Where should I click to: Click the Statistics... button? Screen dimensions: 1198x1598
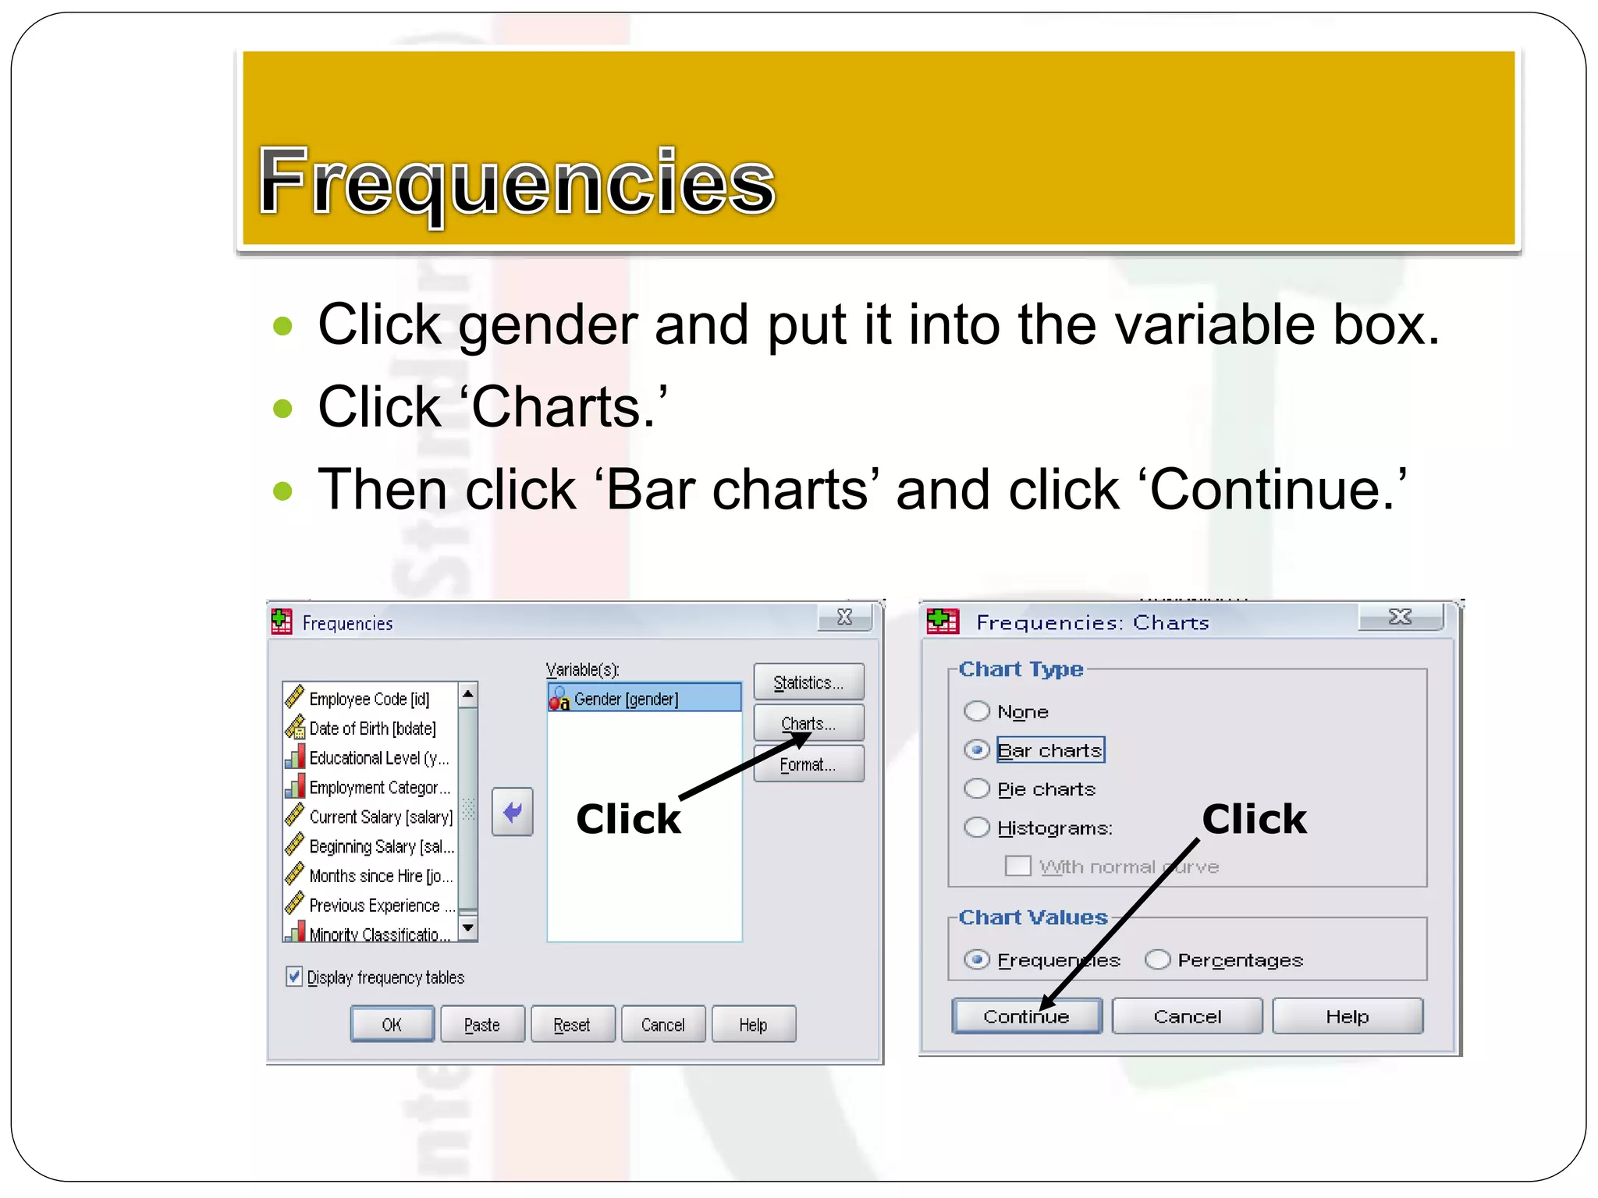pyautogui.click(x=808, y=682)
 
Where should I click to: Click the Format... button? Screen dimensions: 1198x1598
pyautogui.click(x=808, y=764)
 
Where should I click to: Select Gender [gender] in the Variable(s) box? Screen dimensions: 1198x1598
pyautogui.click(x=626, y=699)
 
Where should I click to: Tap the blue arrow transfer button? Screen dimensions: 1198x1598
pyautogui.click(x=513, y=812)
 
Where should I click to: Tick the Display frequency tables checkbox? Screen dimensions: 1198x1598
pyautogui.click(x=294, y=976)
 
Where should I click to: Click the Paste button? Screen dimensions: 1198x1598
pyautogui.click(x=482, y=1025)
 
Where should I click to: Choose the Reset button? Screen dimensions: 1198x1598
pyautogui.click(x=572, y=1025)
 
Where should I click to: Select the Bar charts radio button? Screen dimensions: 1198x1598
pyautogui.click(x=977, y=750)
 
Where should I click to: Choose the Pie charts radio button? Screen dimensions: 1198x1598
pyautogui.click(x=977, y=789)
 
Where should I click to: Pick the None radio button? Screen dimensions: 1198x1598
pyautogui.click(x=977, y=711)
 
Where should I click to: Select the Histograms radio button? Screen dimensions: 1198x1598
pyautogui.click(x=977, y=828)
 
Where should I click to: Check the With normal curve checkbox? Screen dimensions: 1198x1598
pyautogui.click(x=1017, y=866)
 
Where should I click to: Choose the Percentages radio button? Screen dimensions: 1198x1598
pyautogui.click(x=1158, y=959)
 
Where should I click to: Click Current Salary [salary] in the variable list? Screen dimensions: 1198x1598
pyautogui.click(x=380, y=817)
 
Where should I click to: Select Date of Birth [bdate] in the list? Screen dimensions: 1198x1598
pyautogui.click(x=372, y=728)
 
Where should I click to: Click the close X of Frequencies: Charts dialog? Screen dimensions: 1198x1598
pyautogui.click(x=1401, y=617)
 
